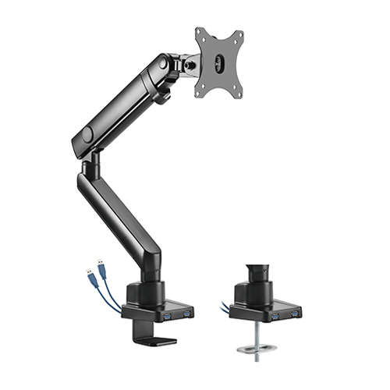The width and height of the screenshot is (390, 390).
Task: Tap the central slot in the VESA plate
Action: [x=220, y=62]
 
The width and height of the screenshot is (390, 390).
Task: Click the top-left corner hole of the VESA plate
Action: [x=200, y=32]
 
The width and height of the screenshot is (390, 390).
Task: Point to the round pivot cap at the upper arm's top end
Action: [x=165, y=66]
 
